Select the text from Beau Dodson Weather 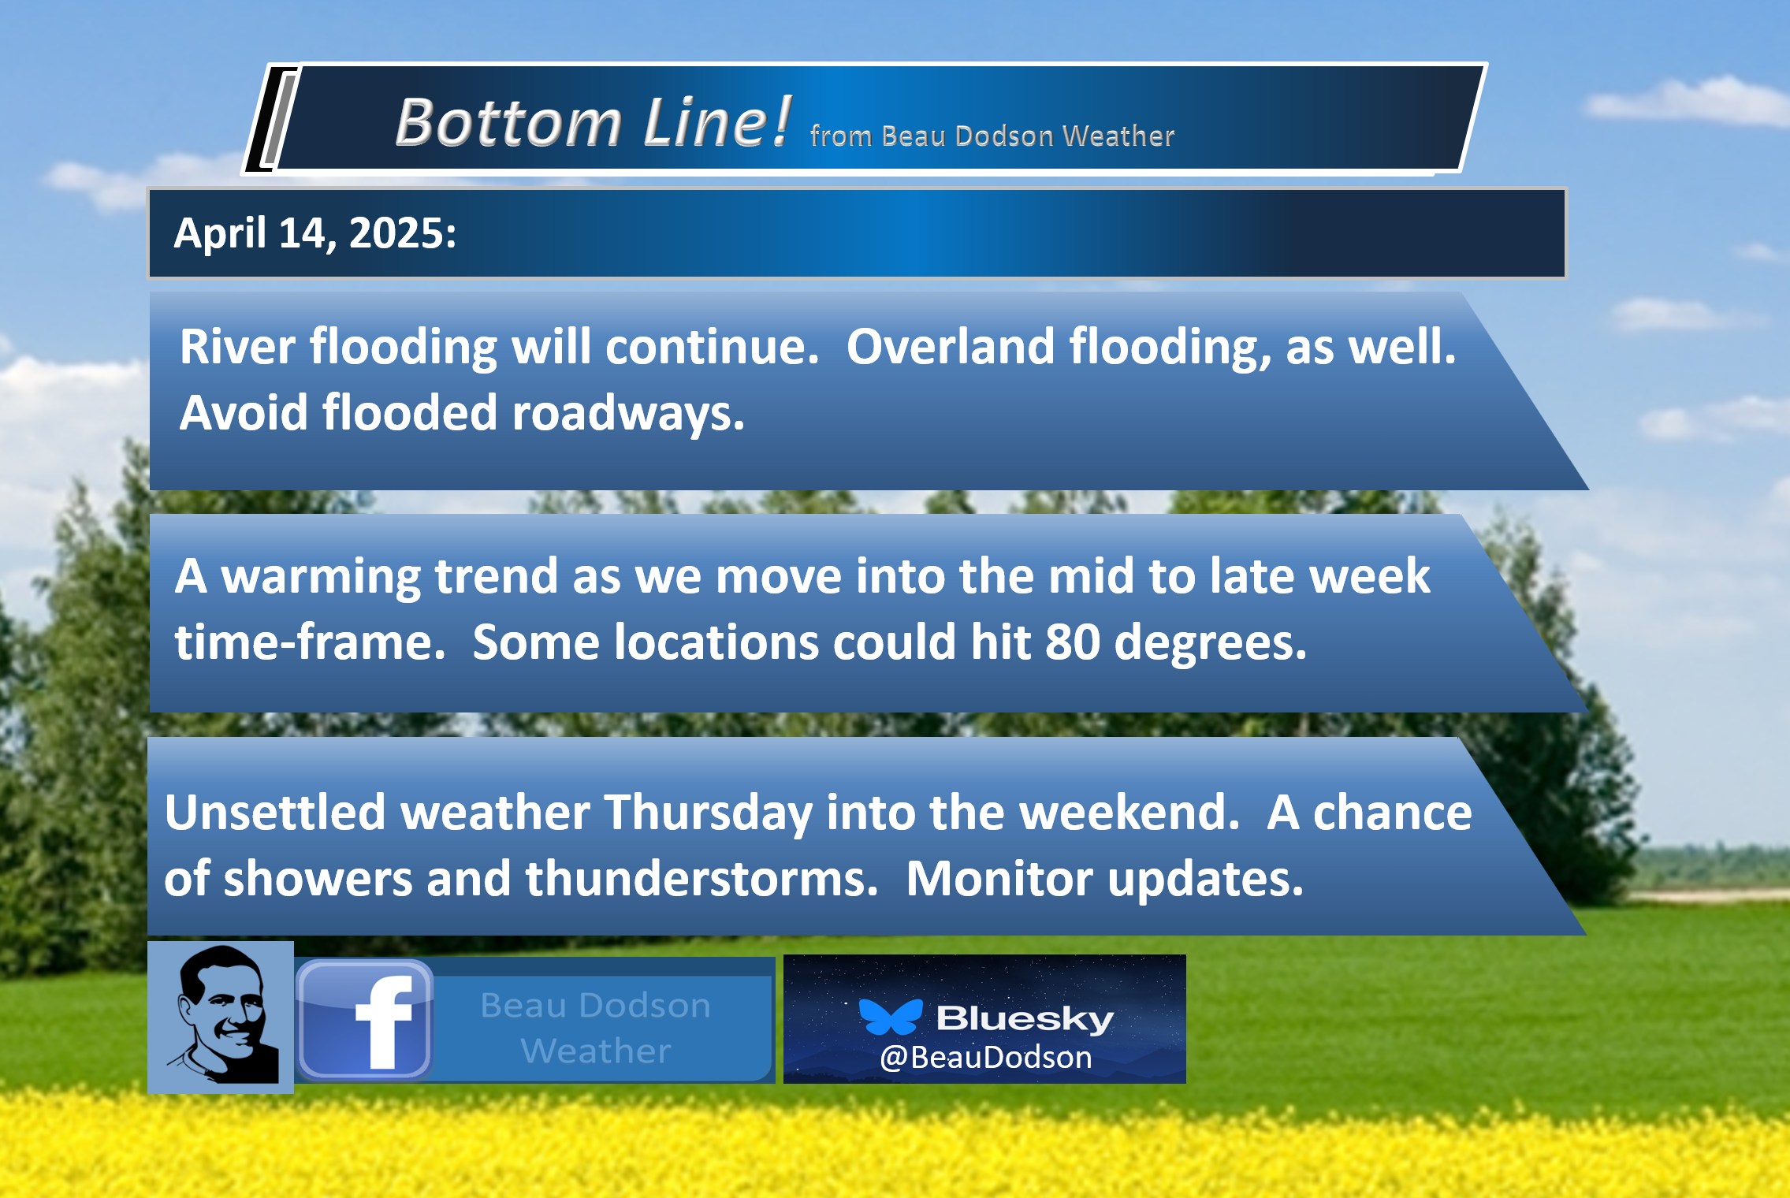[992, 136]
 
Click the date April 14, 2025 [314, 233]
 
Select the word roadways [628, 413]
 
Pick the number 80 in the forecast [1073, 642]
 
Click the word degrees [1211, 643]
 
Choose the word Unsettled [275, 812]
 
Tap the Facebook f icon [365, 1020]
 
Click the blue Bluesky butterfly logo [891, 1017]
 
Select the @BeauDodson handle [986, 1058]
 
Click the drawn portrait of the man [221, 1017]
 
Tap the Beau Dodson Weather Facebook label [596, 1028]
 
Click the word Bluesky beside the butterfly [1025, 1018]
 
